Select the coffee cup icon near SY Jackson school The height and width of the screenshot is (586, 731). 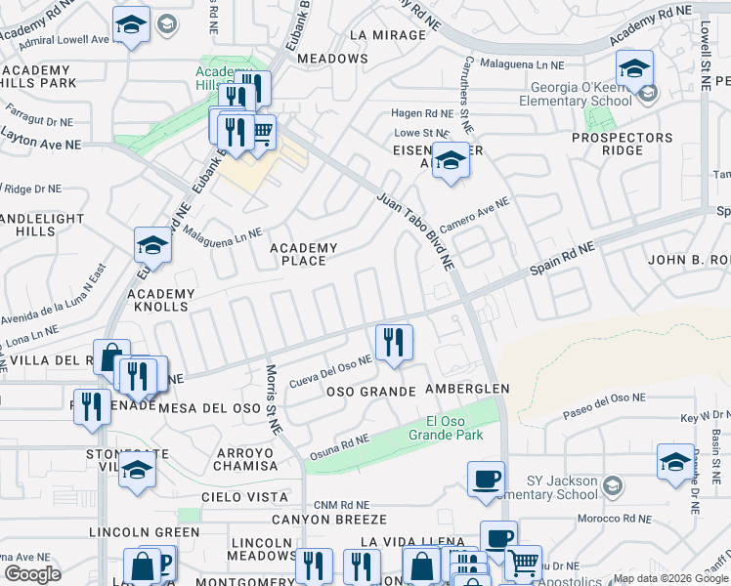tap(486, 479)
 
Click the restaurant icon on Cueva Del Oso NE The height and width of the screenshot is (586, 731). tap(394, 342)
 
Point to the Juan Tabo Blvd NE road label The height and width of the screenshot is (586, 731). tap(415, 230)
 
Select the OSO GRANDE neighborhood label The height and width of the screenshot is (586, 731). tap(365, 391)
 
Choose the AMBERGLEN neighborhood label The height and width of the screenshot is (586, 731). tap(467, 389)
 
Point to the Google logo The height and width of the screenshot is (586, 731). tap(33, 574)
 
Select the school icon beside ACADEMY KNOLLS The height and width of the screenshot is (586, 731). tap(152, 246)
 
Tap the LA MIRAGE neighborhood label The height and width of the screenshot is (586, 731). tap(387, 35)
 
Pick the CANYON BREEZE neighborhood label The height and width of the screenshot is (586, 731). tap(329, 520)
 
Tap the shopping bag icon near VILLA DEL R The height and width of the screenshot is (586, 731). tap(111, 356)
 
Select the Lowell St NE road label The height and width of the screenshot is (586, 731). tap(705, 59)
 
